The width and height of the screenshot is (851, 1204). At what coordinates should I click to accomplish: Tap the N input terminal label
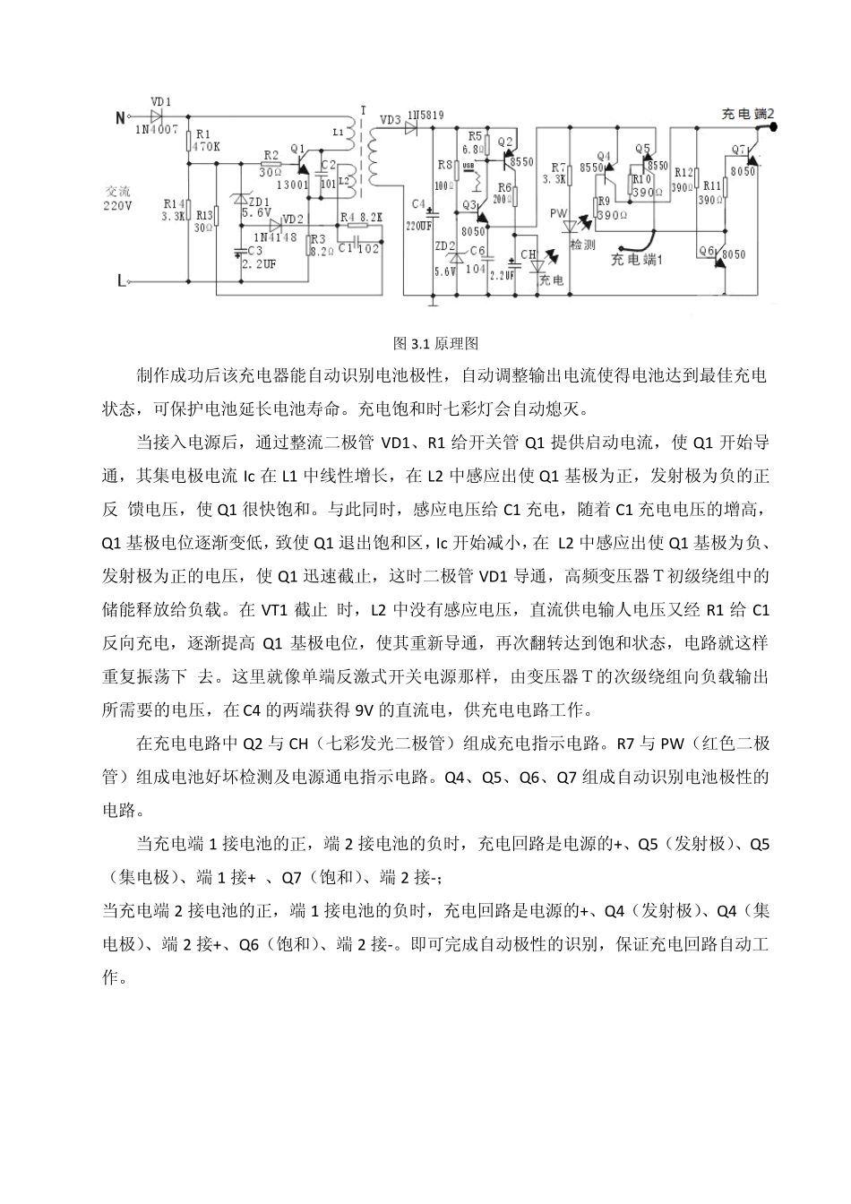click(120, 116)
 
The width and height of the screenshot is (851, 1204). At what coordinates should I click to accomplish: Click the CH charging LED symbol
click(536, 263)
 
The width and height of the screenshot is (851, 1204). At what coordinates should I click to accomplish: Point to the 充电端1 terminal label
click(635, 258)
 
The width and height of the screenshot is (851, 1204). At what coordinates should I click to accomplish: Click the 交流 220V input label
click(118, 199)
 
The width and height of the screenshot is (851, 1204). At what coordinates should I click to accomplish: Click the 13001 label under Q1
click(294, 185)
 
